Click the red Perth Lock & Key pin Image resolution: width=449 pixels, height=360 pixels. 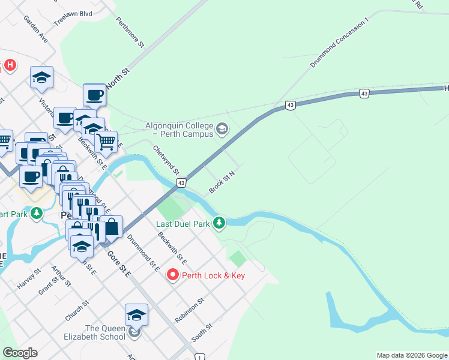(x=173, y=275)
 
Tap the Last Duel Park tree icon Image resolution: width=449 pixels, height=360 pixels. (x=219, y=224)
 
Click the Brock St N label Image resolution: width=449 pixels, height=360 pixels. (x=221, y=182)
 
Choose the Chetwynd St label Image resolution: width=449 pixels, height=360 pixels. (x=166, y=159)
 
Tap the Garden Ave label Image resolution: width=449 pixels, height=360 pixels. (x=35, y=28)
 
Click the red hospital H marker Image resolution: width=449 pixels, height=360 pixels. (x=10, y=65)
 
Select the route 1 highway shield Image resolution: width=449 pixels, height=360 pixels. (x=199, y=357)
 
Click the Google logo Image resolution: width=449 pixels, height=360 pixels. (x=20, y=353)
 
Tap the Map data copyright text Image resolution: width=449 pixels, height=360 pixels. (x=411, y=355)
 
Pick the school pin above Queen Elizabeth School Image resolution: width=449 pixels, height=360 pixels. (x=136, y=315)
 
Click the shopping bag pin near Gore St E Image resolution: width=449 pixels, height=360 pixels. (x=111, y=227)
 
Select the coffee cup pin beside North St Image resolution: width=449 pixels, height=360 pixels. (x=94, y=95)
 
